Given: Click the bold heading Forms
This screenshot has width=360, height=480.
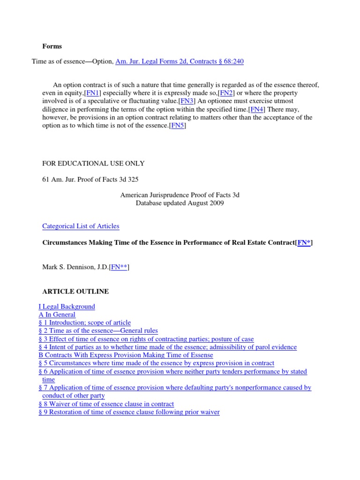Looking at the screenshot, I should [52, 46].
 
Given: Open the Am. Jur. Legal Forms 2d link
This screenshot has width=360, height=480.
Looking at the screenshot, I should [179, 61].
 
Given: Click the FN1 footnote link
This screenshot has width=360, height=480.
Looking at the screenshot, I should [92, 93].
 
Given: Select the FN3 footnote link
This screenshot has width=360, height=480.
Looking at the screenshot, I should [186, 101].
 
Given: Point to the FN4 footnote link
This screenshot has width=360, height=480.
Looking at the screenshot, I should [256, 109].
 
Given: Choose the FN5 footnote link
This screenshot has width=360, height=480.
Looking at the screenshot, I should [178, 125].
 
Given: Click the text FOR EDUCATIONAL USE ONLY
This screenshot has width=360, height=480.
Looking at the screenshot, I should [93, 164].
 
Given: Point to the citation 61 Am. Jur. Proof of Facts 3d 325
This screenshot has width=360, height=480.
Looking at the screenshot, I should [90, 180].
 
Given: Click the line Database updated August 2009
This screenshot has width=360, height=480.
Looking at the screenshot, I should [180, 203].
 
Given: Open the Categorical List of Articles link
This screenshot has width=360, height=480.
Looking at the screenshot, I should [81, 226].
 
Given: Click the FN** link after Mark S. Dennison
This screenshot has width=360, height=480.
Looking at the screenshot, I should [119, 267].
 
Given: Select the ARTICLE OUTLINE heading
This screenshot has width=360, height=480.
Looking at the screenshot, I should [75, 292].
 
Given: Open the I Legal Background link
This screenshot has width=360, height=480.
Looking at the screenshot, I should [67, 307].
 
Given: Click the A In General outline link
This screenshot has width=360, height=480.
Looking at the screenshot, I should [57, 315].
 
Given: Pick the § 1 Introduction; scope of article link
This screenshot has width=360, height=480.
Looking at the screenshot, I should [84, 322].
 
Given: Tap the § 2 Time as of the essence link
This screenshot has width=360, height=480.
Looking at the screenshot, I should [98, 330].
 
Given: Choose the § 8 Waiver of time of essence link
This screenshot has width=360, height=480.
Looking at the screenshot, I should [106, 404].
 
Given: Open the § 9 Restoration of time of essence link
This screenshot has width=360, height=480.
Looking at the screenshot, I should [129, 412].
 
